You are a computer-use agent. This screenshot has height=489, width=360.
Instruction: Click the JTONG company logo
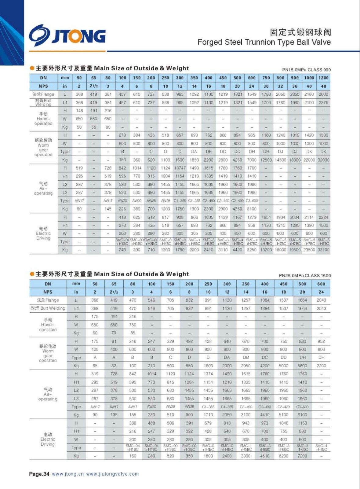67,36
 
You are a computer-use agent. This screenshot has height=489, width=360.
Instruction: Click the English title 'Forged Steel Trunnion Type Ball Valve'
264,42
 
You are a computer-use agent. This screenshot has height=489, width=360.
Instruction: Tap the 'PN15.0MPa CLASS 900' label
306,70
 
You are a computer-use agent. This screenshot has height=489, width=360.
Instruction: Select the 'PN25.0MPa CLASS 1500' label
305,275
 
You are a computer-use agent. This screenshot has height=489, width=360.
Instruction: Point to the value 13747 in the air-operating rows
180,168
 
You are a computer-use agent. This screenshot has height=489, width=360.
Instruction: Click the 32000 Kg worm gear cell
323,160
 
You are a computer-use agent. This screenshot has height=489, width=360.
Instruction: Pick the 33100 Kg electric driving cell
323,250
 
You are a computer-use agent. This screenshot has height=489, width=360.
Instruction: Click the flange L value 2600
323,94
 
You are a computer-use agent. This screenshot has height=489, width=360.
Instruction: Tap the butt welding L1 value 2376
323,103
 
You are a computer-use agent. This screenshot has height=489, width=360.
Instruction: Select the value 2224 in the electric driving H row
323,217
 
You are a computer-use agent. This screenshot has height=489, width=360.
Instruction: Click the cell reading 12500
266,160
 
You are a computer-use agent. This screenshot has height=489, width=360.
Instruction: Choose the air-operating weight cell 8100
252,209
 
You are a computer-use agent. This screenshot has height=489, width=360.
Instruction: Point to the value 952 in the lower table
321,341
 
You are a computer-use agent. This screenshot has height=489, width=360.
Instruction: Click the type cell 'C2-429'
283,407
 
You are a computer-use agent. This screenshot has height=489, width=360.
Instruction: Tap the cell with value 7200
302,456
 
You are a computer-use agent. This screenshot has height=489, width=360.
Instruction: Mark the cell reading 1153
302,423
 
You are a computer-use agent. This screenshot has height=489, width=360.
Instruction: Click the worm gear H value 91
114,341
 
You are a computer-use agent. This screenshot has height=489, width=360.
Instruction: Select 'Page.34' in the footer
39,474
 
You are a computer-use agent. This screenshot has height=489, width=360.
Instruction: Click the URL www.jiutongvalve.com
112,474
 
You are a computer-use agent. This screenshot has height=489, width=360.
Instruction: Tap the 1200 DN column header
323,78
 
